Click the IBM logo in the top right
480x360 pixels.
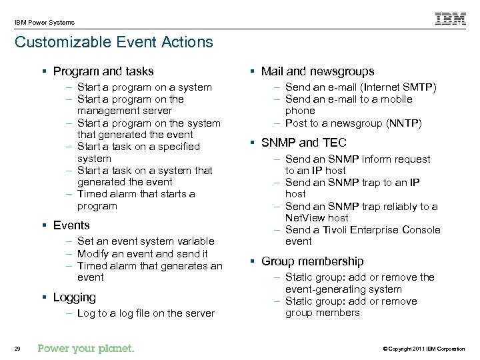point(451,19)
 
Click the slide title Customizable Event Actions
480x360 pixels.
point(114,43)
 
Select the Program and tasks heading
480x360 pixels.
point(103,71)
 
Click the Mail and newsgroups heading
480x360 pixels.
point(317,71)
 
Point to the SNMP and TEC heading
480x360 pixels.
point(304,143)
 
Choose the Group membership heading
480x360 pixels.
point(312,261)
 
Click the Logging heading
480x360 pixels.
point(74,297)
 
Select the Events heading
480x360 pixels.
point(71,225)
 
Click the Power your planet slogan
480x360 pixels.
point(86,347)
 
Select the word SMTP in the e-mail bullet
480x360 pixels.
point(417,87)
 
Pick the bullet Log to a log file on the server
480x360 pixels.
point(145,313)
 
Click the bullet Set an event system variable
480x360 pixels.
point(145,241)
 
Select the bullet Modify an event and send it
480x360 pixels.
point(142,253)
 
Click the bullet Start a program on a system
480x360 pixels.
point(144,87)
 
